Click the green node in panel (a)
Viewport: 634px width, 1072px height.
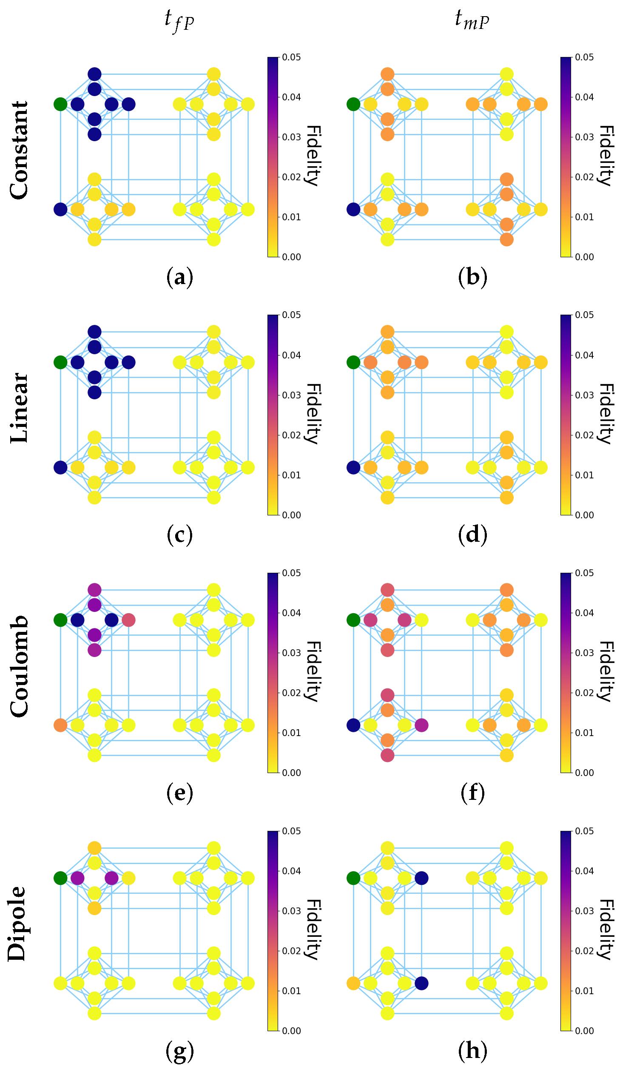[60, 104]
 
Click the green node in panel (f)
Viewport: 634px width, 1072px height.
[353, 620]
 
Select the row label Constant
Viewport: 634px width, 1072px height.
[19, 151]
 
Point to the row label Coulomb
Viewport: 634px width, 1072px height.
[19, 667]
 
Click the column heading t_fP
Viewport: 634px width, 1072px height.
[179, 20]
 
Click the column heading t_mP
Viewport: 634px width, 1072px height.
[472, 20]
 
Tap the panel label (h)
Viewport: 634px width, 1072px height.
[472, 1051]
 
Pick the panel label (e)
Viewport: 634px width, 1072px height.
[179, 793]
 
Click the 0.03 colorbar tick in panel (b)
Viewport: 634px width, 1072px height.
[584, 137]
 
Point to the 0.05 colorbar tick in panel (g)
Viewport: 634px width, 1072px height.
[291, 831]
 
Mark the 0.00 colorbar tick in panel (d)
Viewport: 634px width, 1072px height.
[584, 515]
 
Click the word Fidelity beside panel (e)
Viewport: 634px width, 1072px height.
[313, 671]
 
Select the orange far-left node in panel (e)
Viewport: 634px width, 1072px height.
[60, 725]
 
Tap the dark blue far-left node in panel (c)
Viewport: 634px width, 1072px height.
[60, 468]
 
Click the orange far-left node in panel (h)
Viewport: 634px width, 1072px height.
[353, 983]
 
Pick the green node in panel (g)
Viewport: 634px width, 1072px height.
[60, 878]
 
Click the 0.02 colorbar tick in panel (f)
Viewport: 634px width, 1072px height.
[584, 693]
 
